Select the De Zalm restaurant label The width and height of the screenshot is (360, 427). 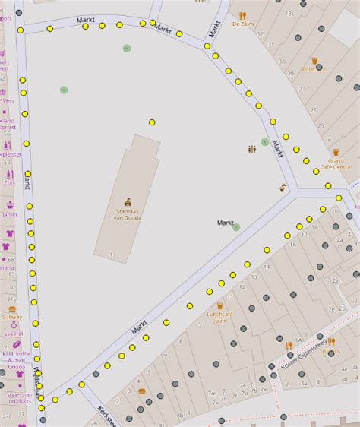(x=242, y=24)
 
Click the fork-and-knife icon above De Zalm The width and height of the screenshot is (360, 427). (x=243, y=14)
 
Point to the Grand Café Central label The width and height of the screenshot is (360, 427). (x=336, y=163)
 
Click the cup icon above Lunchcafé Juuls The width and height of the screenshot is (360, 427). (x=220, y=308)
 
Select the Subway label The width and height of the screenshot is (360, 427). (x=11, y=317)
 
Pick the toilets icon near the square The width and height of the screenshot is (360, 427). (x=251, y=149)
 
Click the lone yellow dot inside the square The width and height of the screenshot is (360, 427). (x=152, y=122)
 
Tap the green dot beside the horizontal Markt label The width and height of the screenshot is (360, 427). (x=236, y=226)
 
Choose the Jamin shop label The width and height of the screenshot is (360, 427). (x=9, y=215)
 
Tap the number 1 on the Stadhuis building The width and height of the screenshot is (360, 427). (x=111, y=253)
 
